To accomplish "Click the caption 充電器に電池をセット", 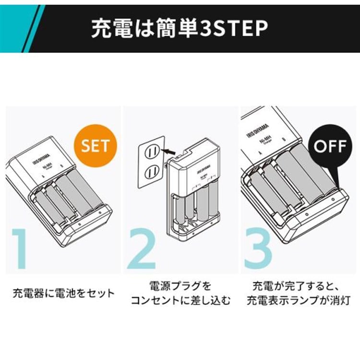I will [64, 292].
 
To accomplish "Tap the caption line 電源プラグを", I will [180, 287].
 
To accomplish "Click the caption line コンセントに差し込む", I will [180, 301].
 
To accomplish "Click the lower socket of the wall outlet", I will [152, 171].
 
